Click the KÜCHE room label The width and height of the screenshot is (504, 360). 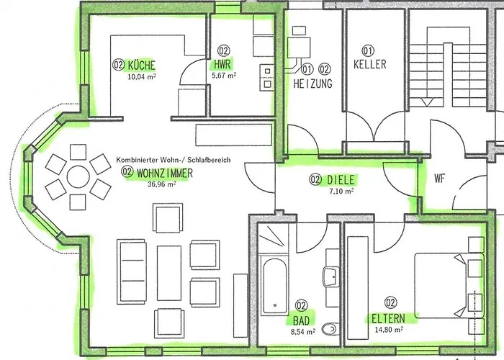click(x=141, y=66)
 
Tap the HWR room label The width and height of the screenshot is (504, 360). click(x=222, y=64)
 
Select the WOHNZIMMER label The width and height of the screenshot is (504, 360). click(x=165, y=174)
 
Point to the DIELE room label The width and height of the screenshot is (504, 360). click(x=341, y=180)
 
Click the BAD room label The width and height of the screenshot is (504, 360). click(x=301, y=320)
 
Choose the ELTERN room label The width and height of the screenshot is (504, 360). click(x=388, y=318)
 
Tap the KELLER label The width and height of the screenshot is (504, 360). click(x=369, y=64)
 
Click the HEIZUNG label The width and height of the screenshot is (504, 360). click(x=312, y=84)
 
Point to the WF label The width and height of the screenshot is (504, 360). click(x=440, y=179)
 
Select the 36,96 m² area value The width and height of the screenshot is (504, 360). click(x=162, y=184)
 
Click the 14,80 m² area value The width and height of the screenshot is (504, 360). click(x=389, y=330)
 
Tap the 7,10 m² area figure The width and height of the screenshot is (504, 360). click(x=341, y=192)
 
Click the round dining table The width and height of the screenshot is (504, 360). click(x=78, y=177)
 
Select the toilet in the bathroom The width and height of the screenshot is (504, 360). click(x=329, y=329)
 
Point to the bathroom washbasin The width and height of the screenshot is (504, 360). click(x=330, y=277)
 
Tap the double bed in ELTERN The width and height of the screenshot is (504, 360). click(x=449, y=285)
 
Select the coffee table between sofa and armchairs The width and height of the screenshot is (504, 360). click(x=169, y=273)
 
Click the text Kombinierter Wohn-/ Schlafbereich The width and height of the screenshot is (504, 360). click(x=174, y=160)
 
